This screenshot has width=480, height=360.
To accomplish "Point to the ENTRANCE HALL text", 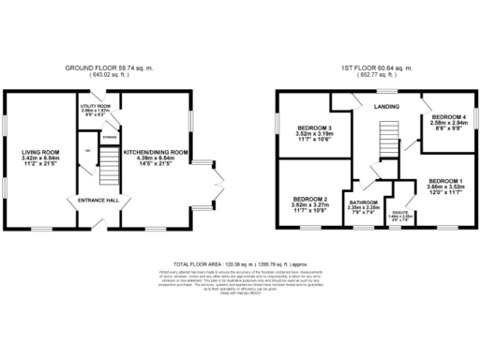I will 95,200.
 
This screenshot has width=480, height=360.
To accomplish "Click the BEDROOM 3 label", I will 313,127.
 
